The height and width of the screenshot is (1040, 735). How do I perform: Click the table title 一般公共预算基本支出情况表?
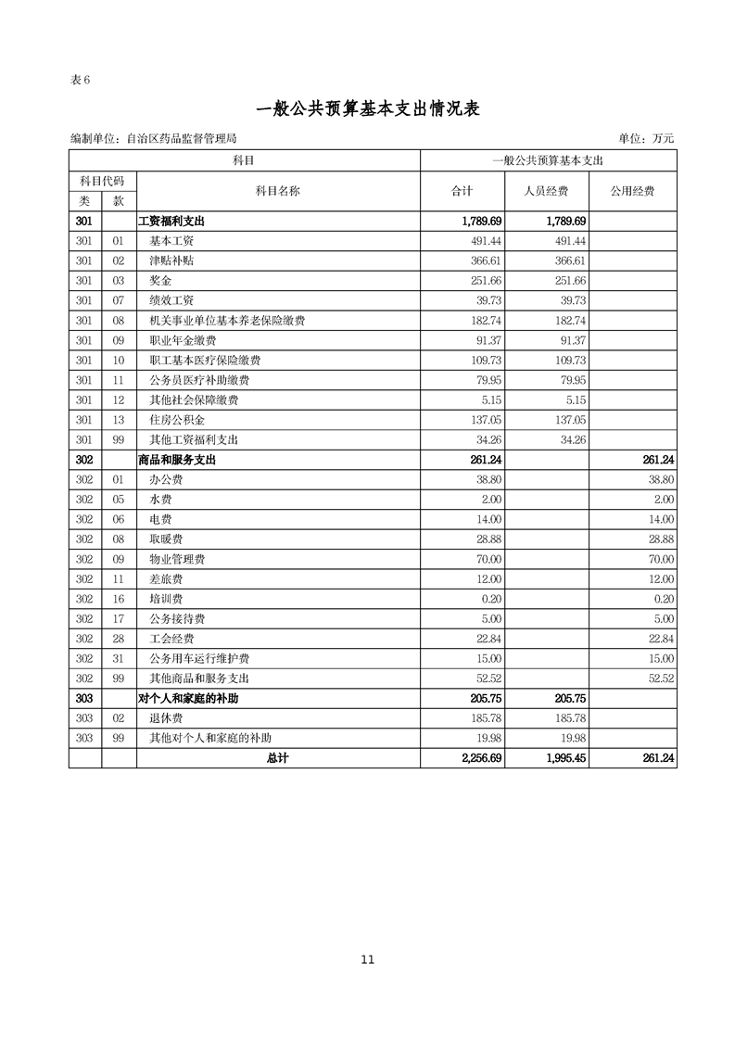click(367, 109)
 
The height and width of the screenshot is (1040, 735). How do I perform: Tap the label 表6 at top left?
click(80, 79)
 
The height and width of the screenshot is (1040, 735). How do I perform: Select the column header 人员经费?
click(548, 191)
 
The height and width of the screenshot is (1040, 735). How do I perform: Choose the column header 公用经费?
click(632, 191)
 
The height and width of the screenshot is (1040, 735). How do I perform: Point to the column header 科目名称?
click(278, 191)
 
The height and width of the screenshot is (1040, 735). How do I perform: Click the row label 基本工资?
click(171, 241)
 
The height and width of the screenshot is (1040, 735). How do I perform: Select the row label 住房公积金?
click(177, 420)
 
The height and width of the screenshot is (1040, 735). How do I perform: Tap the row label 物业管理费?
click(177, 560)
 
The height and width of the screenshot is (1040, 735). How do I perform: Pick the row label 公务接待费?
click(177, 619)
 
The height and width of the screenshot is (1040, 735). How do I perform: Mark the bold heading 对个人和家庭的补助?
click(194, 698)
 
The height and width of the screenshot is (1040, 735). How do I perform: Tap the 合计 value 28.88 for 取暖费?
click(488, 539)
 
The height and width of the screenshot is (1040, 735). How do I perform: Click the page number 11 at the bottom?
click(368, 960)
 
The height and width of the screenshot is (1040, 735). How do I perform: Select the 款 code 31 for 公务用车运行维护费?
click(119, 659)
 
